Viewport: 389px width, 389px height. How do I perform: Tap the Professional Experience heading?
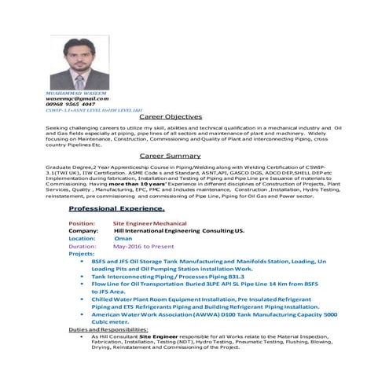coord(116,208)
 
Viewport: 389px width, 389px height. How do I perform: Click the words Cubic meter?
coord(115,321)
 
